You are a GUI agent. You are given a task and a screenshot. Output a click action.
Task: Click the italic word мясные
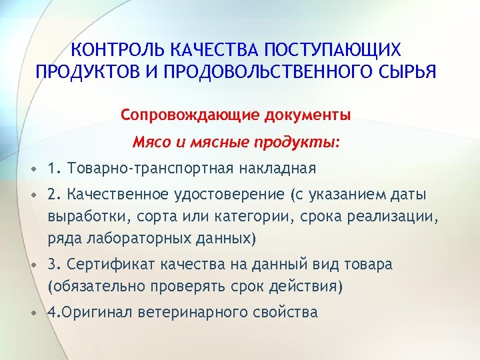coord(207,142)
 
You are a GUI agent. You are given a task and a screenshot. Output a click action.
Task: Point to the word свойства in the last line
coord(287,312)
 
